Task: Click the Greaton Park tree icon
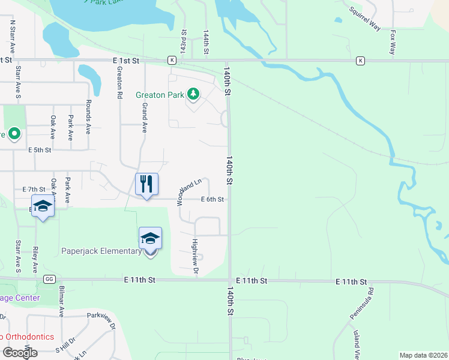point(193,94)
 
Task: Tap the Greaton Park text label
point(159,95)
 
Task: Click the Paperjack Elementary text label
point(101,251)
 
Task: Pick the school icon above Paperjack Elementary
point(150,238)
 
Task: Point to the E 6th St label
point(212,199)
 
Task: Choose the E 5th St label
point(40,150)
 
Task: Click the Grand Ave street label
point(144,117)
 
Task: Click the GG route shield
point(49,280)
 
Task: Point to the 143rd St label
point(184,42)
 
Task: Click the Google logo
point(20,353)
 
